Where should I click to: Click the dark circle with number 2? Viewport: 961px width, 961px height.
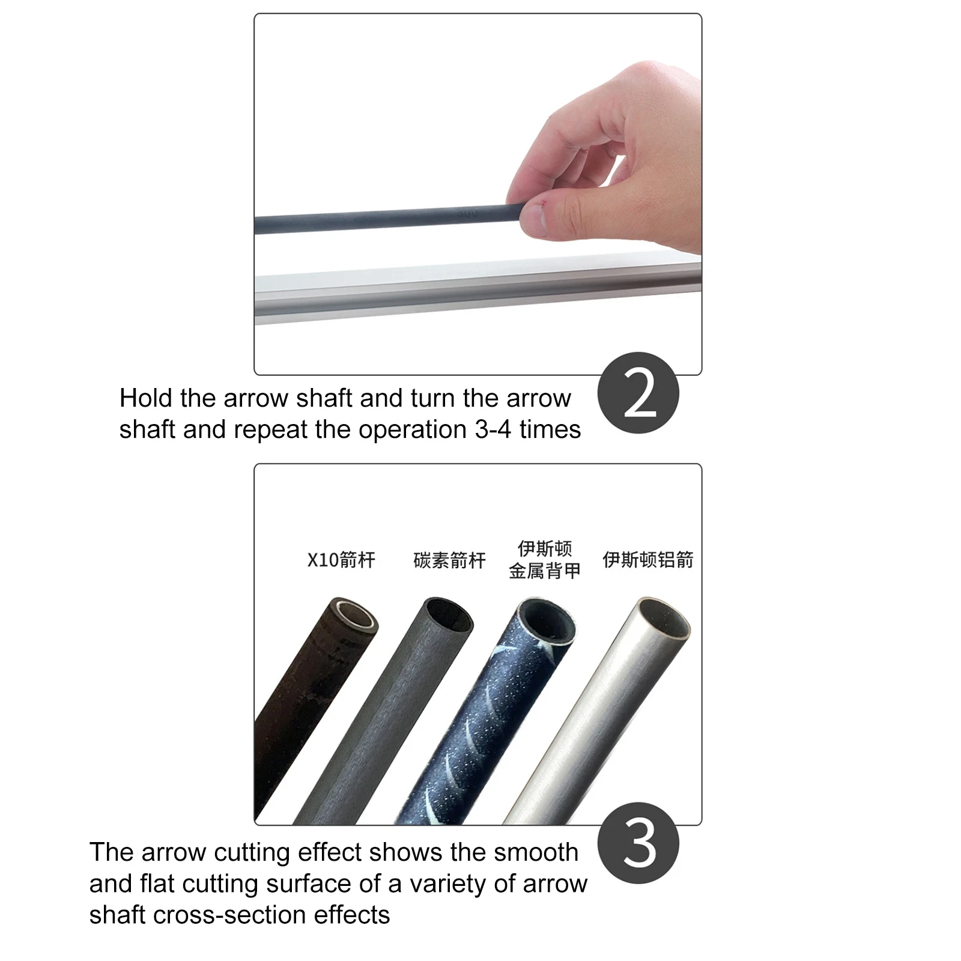638,393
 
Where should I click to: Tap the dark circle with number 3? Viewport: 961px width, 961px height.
638,843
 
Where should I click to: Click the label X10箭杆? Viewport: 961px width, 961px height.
341,560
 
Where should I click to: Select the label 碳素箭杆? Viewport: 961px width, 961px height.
449,560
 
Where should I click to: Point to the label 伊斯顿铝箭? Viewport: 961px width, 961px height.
648,560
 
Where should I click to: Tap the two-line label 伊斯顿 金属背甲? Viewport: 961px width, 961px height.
545,560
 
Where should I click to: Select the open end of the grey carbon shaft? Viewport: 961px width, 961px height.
450,613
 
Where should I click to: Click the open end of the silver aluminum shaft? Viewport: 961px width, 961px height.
663,618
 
